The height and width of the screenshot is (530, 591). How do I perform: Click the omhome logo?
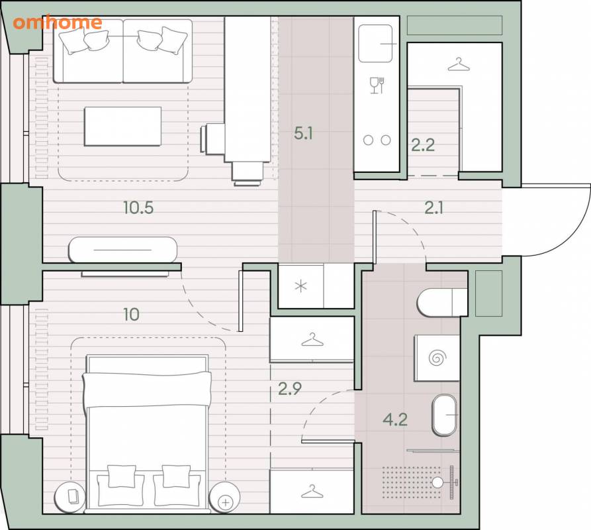point(58,23)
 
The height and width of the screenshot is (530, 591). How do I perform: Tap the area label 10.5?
point(138,208)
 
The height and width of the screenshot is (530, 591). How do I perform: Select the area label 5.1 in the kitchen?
point(303,134)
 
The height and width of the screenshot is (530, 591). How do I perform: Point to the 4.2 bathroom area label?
point(395,419)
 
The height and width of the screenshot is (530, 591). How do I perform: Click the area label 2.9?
point(290,389)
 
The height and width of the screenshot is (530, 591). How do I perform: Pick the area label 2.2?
point(423,145)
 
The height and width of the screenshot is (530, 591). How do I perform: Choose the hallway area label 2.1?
point(434,208)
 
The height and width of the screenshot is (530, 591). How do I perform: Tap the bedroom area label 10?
point(131,315)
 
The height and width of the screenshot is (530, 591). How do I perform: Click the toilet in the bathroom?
point(441,303)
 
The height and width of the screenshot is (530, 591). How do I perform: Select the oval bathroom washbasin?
point(445,415)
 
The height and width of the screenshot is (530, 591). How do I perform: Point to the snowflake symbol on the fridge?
point(300,287)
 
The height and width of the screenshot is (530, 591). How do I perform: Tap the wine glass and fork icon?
point(377,85)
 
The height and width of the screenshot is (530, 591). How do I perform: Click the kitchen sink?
point(375,43)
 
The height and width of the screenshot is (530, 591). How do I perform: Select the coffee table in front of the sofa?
point(123,127)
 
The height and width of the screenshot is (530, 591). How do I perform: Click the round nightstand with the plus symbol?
point(225,497)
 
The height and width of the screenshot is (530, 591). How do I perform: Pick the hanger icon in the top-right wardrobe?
point(459,64)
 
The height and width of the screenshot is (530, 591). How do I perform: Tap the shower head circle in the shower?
point(437,482)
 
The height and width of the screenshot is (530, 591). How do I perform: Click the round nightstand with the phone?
point(70,497)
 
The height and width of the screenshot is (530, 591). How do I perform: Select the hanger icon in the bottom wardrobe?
point(312,492)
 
